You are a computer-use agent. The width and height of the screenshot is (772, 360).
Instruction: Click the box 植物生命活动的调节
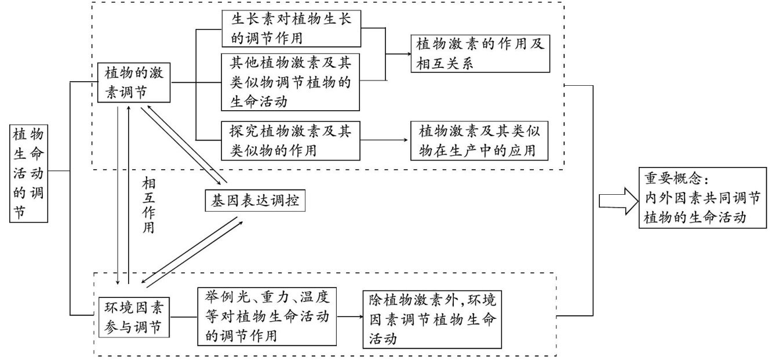click(x=30, y=172)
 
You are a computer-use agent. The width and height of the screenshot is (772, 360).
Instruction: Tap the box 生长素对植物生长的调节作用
click(x=292, y=28)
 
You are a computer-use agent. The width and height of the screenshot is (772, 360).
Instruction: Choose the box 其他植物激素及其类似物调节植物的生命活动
click(x=292, y=82)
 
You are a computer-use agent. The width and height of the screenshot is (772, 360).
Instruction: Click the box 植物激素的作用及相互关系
click(x=480, y=53)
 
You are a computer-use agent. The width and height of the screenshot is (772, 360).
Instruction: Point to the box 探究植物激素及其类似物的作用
click(x=292, y=140)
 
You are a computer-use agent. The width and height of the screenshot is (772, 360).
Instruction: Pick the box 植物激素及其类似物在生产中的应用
click(x=480, y=140)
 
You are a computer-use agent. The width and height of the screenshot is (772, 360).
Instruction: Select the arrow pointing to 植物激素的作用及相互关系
click(x=400, y=54)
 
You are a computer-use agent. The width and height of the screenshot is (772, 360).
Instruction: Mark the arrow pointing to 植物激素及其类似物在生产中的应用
click(x=385, y=140)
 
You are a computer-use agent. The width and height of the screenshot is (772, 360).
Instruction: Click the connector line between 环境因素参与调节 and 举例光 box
click(x=184, y=317)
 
